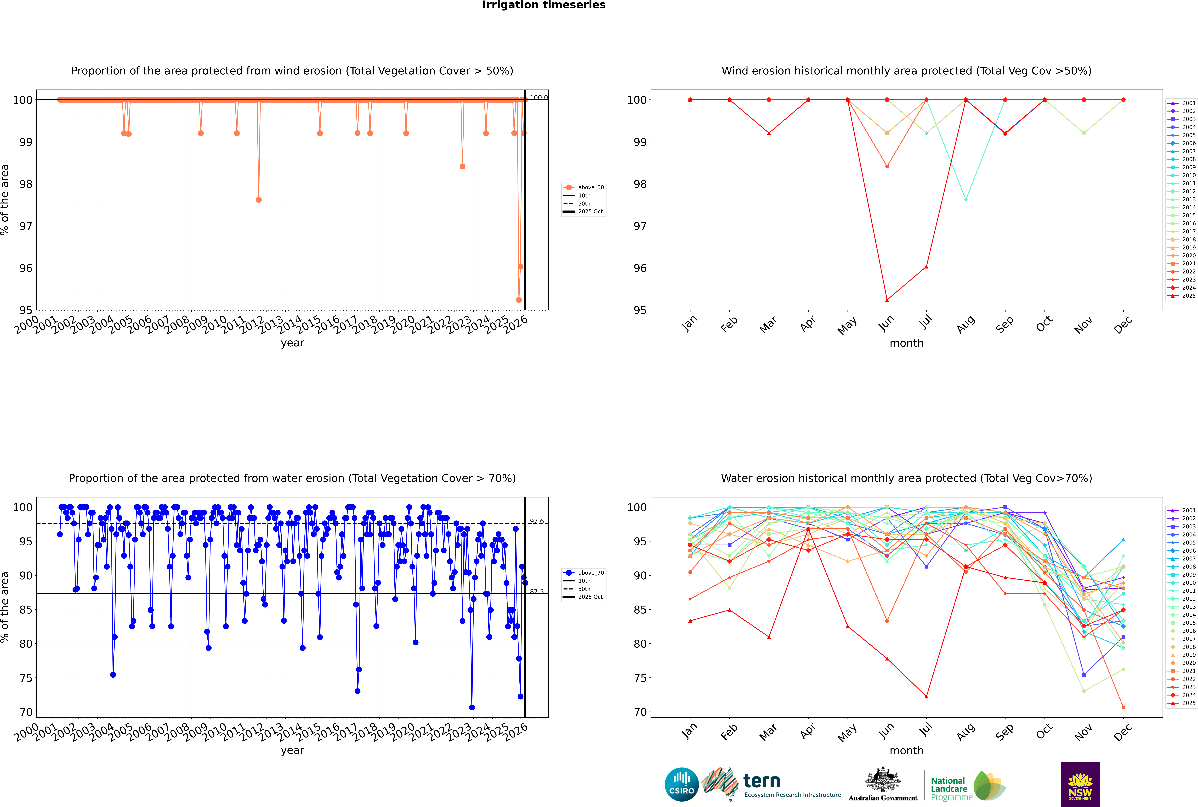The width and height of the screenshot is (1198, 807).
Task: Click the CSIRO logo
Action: [681, 785]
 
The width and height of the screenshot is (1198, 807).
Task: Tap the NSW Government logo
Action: [1080, 784]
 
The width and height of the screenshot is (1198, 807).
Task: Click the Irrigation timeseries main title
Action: [544, 5]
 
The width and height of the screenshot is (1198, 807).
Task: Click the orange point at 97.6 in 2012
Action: [259, 200]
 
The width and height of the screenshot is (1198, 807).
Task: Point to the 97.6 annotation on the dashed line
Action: [537, 521]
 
